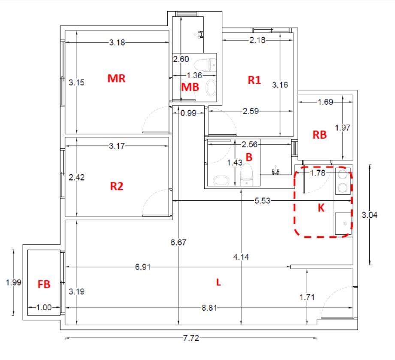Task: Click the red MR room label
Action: click(116, 79)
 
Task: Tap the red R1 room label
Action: click(254, 80)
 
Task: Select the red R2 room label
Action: click(117, 186)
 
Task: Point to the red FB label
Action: click(44, 284)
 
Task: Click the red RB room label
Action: click(320, 135)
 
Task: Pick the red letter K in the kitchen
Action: click(321, 208)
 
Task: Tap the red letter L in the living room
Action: click(218, 282)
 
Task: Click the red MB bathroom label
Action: click(190, 87)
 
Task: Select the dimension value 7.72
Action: click(191, 338)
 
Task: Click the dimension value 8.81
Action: click(209, 308)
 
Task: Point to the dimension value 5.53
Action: click(262, 201)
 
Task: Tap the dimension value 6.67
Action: click(178, 242)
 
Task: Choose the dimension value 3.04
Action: click(370, 215)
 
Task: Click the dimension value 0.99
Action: click(188, 113)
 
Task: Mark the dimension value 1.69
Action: click(325, 102)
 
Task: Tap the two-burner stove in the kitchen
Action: click(343, 181)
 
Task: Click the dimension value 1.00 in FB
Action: click(44, 307)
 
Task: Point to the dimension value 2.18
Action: click(257, 40)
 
